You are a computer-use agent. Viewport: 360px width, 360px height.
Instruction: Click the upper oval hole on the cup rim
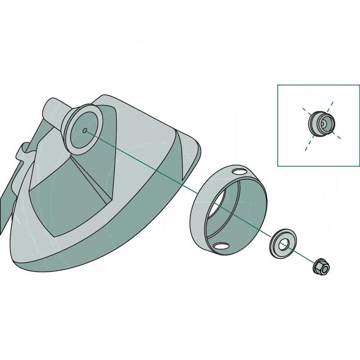click(240, 172)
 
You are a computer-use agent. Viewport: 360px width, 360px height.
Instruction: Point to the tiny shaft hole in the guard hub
click(85, 130)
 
